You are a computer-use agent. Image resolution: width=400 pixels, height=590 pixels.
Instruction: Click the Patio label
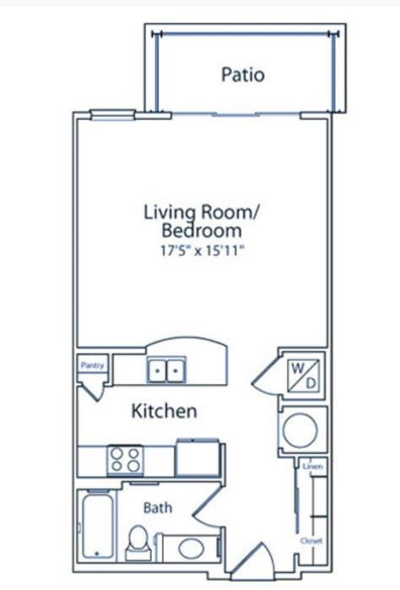(242, 74)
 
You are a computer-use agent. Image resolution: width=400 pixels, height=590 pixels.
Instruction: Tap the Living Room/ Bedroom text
(200, 220)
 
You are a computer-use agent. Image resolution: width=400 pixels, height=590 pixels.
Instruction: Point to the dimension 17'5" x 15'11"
(201, 251)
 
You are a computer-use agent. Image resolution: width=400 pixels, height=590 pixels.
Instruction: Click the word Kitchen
(164, 412)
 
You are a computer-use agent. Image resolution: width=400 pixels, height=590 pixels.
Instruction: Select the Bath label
(158, 508)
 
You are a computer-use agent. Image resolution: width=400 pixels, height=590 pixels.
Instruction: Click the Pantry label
(91, 365)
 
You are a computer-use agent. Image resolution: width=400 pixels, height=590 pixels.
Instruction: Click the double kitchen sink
(166, 370)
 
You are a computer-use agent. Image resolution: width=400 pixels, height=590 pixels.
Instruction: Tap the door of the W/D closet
(267, 376)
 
